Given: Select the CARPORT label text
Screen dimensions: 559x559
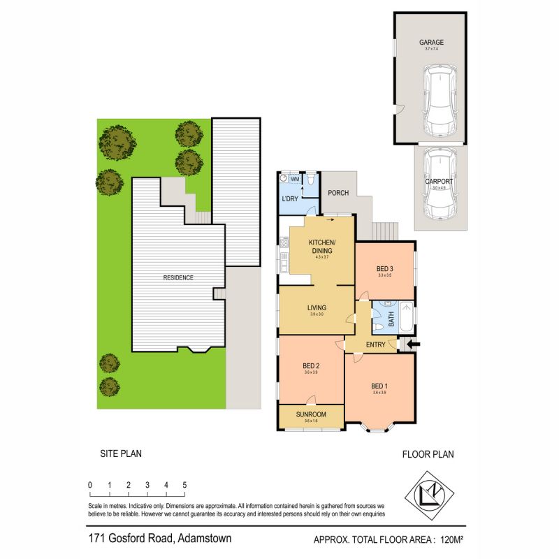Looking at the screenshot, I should coord(440,181).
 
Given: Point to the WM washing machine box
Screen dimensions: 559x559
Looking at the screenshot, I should coord(294,180).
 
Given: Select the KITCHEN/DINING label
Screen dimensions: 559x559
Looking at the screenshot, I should coord(322,246).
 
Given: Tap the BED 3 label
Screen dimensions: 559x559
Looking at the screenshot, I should coord(385,268).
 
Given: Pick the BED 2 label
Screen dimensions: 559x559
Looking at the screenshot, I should coord(311,365).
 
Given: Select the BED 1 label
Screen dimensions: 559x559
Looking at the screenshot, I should coord(379,386).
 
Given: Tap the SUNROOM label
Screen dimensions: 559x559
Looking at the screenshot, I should coord(311,414).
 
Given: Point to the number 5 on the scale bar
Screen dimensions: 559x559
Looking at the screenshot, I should coord(184,484).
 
